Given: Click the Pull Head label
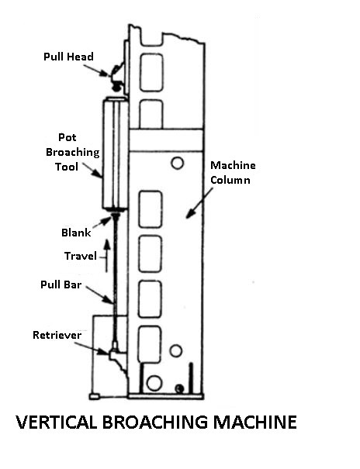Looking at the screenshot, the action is click(x=68, y=57).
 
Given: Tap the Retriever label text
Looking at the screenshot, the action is click(x=57, y=335).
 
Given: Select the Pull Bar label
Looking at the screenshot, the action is click(x=61, y=285).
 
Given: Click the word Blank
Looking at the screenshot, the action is click(x=76, y=233).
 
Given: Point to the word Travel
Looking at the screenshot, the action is click(x=81, y=256).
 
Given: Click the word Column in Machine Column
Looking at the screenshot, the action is click(x=230, y=180).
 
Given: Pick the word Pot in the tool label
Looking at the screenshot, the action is click(x=67, y=137).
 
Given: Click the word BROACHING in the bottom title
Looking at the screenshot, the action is click(x=155, y=422).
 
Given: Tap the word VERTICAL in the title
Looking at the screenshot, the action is click(x=57, y=422).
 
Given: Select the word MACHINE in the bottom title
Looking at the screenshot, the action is click(x=255, y=422).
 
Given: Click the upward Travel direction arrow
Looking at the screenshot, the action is click(x=107, y=255).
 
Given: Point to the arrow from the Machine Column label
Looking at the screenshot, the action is click(x=199, y=203).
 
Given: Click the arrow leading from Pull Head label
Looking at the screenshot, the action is click(x=96, y=71).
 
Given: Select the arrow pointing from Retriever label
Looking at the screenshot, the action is click(x=92, y=349).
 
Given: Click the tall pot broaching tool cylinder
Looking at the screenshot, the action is click(x=116, y=154).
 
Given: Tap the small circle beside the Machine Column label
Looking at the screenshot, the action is click(x=177, y=164).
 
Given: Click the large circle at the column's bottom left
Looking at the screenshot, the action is click(x=154, y=383).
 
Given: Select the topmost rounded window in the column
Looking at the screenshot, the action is click(x=152, y=72).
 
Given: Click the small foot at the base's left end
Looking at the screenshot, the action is click(x=94, y=397).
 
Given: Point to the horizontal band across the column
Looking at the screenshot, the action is click(x=166, y=140).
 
